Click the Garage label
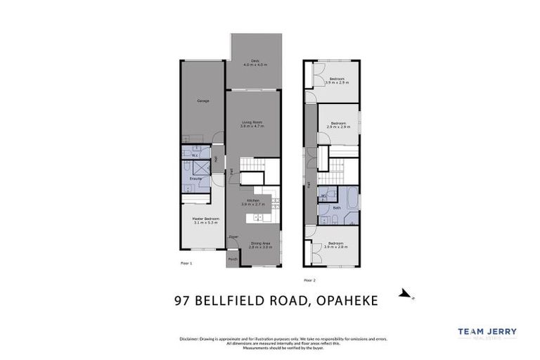[x=203, y=101]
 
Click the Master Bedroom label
[x=206, y=219]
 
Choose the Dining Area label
[x=260, y=243]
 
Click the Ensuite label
[x=196, y=178]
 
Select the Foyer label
[x=233, y=238]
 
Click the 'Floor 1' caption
[x=186, y=263]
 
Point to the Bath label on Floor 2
[x=337, y=207]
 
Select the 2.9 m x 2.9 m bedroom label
[x=337, y=124]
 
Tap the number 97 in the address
[x=182, y=301]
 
